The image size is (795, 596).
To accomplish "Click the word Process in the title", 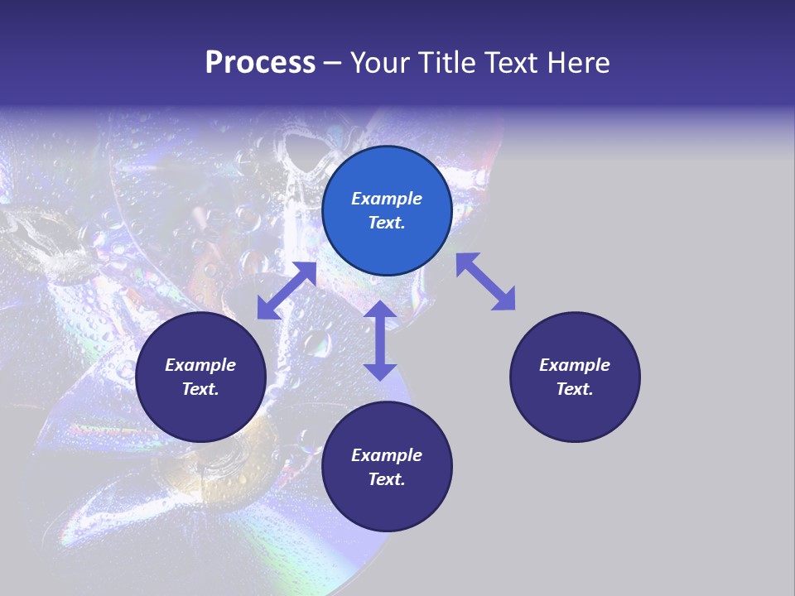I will [x=260, y=63].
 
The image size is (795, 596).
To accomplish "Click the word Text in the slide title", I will [x=511, y=63].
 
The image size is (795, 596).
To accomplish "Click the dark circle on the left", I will [x=200, y=377].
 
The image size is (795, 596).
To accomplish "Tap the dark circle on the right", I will [x=575, y=377].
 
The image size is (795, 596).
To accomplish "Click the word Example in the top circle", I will [x=387, y=199].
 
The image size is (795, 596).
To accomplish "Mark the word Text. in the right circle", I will [x=575, y=389].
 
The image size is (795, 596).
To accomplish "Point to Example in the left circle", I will [x=200, y=365].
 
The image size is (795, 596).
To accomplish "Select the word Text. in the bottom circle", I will [x=387, y=479].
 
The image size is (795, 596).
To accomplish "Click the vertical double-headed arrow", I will [x=380, y=340].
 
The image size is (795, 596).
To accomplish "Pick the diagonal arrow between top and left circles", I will [x=287, y=291].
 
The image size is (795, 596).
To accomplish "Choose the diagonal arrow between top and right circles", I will [x=485, y=281].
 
